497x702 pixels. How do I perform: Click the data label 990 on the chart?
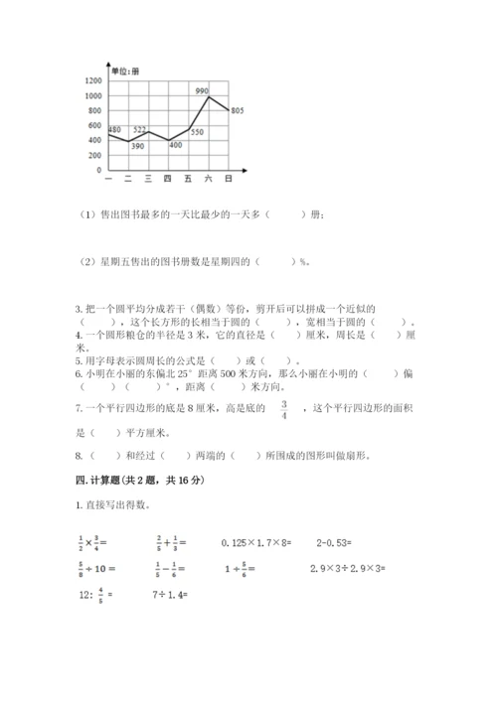coord(202,90)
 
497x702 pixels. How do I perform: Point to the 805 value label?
coord(237,111)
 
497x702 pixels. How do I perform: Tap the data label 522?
coord(139,130)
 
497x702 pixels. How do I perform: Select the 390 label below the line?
coord(137,146)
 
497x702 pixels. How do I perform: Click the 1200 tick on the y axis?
coord(92,80)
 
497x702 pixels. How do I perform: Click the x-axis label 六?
coord(208,178)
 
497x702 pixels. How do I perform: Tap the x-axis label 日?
coord(230,178)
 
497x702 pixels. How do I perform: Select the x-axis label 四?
coord(167,178)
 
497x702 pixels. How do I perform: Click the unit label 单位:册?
coord(125,71)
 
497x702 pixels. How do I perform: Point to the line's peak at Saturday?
coord(209,96)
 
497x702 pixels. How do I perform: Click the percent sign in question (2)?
coord(302,262)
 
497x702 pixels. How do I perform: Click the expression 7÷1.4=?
coord(172,595)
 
